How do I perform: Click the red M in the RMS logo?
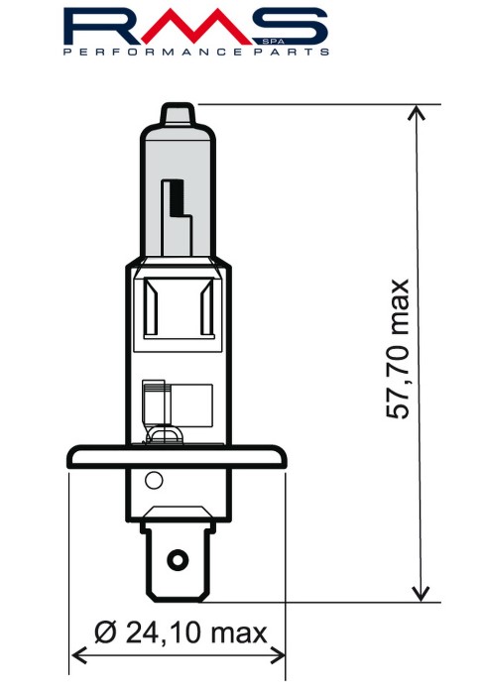196,27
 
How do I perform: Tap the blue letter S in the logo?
290,27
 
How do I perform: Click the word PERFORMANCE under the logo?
153,52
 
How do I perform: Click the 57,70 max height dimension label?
398,349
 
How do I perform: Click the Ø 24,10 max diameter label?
181,632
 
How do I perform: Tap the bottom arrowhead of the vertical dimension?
421,594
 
